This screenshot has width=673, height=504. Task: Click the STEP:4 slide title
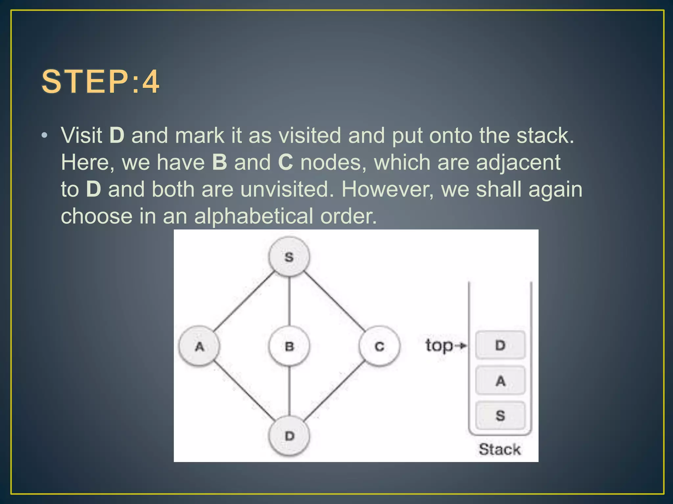(x=100, y=82)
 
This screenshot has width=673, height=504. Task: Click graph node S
(x=289, y=257)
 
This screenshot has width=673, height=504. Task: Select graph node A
(x=199, y=346)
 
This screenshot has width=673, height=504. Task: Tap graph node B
(x=289, y=346)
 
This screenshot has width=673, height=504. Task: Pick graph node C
(x=379, y=346)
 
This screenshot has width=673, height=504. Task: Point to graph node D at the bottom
(x=289, y=436)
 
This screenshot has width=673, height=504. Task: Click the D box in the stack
(x=500, y=345)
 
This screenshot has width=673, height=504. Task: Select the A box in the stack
(x=500, y=381)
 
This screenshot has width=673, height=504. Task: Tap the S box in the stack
(x=500, y=415)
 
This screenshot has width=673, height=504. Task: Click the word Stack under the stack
(x=499, y=449)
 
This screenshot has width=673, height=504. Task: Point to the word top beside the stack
(x=439, y=346)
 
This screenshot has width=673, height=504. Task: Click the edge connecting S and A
(x=244, y=301)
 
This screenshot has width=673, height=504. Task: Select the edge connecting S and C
(x=334, y=301)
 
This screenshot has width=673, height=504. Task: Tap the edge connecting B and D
(x=289, y=391)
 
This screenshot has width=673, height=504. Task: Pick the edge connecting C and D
(x=334, y=391)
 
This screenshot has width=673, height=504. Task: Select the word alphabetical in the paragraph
(x=253, y=216)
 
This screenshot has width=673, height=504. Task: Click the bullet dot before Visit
(x=45, y=136)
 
